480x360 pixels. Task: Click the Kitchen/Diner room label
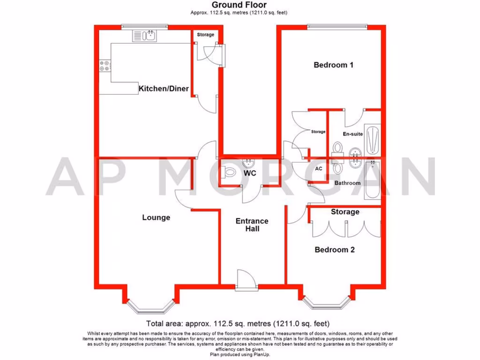(164, 88)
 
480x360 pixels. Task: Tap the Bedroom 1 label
(333, 65)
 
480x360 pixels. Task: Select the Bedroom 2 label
(334, 250)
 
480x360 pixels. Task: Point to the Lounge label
(156, 217)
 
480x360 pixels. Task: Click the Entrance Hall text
(252, 225)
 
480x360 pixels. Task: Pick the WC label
(249, 173)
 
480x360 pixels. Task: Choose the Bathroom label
(347, 183)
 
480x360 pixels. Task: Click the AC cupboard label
(319, 168)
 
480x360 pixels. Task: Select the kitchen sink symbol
(146, 35)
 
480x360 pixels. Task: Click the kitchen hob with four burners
(105, 67)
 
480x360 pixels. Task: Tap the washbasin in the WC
(248, 163)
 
